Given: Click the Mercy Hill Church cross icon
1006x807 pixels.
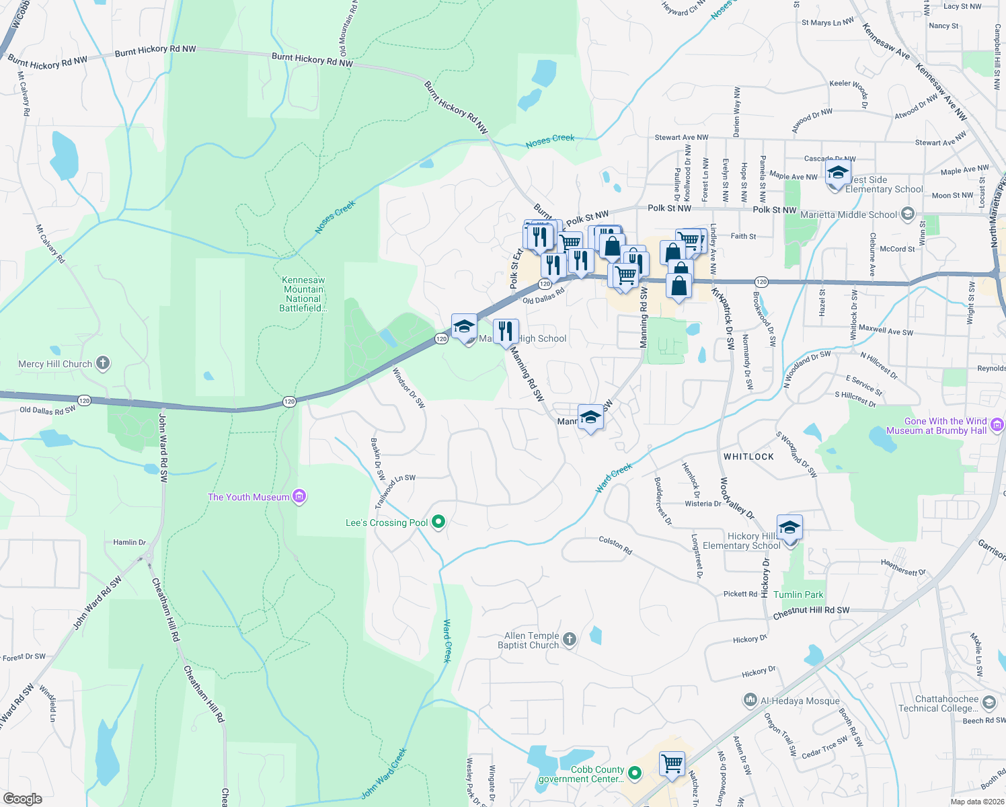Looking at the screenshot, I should [x=103, y=363].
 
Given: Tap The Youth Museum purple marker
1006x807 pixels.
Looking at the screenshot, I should [x=300, y=497].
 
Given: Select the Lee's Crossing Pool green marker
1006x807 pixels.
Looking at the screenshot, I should [x=438, y=522].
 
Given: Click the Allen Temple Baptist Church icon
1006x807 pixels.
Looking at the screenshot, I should [x=570, y=640].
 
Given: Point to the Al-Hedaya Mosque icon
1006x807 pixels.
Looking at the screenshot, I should [x=750, y=701].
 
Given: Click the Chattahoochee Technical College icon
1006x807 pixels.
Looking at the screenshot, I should [x=989, y=703].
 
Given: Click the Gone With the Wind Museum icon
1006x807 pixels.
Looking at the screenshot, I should [x=997, y=425].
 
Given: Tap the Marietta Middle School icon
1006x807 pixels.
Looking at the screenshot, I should [x=908, y=215].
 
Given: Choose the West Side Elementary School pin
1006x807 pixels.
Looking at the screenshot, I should [x=838, y=174].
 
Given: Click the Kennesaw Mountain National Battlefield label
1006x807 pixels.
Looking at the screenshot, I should [x=303, y=294].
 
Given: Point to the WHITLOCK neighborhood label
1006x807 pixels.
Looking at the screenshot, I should [x=748, y=457].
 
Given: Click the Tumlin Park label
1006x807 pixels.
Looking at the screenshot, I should [x=798, y=594].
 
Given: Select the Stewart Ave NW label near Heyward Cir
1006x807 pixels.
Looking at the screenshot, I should [x=681, y=137].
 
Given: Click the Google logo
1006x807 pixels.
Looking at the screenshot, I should [x=23, y=799].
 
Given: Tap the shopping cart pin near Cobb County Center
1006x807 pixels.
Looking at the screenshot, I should [x=672, y=764].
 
